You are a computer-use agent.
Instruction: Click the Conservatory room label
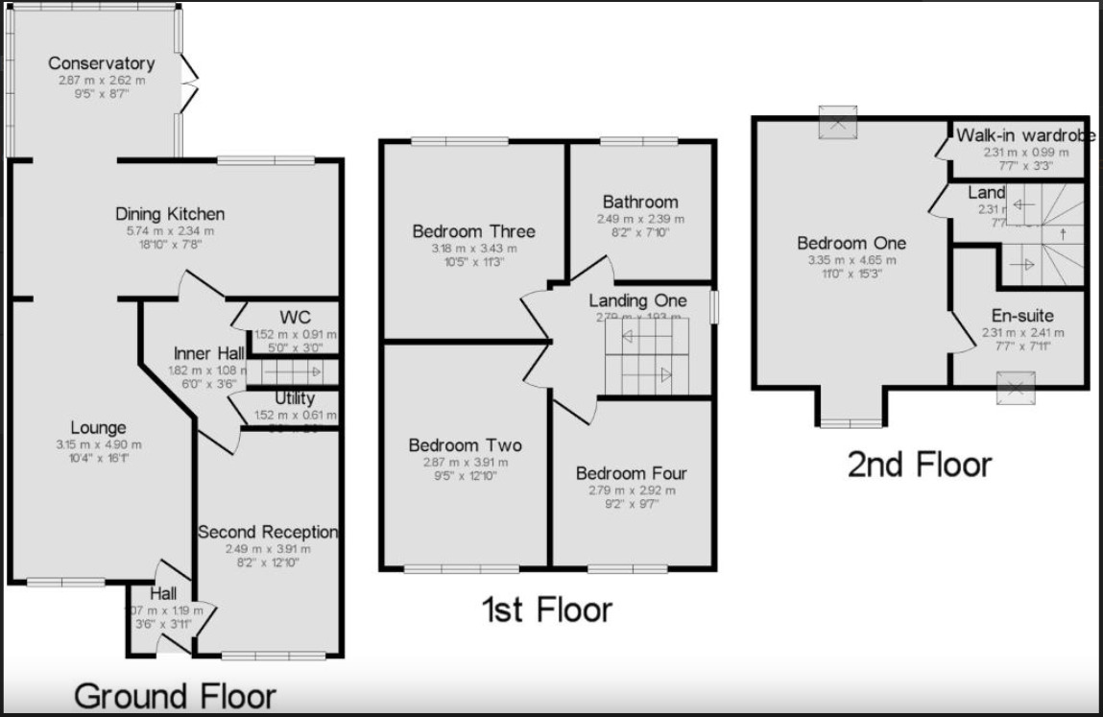pos(101,63)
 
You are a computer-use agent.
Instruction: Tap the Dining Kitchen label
pos(169,213)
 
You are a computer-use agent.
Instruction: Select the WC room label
pos(295,317)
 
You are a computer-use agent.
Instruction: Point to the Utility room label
pos(294,398)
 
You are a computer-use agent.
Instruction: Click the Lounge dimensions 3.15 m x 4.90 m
pos(98,444)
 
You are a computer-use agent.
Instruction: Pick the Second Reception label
pos(268,532)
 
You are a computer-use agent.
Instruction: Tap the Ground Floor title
pos(175,696)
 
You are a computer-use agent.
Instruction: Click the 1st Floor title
pos(546,609)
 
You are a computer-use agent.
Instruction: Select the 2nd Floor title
pos(919,465)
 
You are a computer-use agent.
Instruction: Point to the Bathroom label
pos(640,202)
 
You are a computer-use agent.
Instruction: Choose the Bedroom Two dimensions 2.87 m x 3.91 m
pos(465,462)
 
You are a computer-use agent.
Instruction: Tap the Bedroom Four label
pos(631,473)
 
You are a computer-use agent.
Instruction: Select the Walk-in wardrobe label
pos(1024,135)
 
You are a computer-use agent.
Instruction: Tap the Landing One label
pos(637,300)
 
